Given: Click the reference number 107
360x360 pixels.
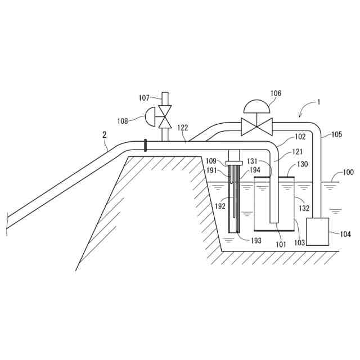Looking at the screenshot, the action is tap(145, 97).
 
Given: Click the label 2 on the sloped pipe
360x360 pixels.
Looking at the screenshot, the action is tap(104, 134).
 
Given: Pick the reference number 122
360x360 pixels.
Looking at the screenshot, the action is tap(182, 128).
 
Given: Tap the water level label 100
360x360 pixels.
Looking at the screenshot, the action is tap(348, 172).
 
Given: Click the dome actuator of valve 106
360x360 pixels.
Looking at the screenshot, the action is tap(256, 107).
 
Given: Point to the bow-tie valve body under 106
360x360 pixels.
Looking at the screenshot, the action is tap(256, 126).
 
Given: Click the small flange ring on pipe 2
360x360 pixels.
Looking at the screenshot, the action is tap(145, 145).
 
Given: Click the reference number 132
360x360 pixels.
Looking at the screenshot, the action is tap(304, 208).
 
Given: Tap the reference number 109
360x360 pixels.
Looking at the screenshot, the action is tap(212, 161).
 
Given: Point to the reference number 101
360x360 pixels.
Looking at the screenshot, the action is tap(281, 244).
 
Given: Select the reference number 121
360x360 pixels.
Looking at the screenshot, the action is tap(298, 152).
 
